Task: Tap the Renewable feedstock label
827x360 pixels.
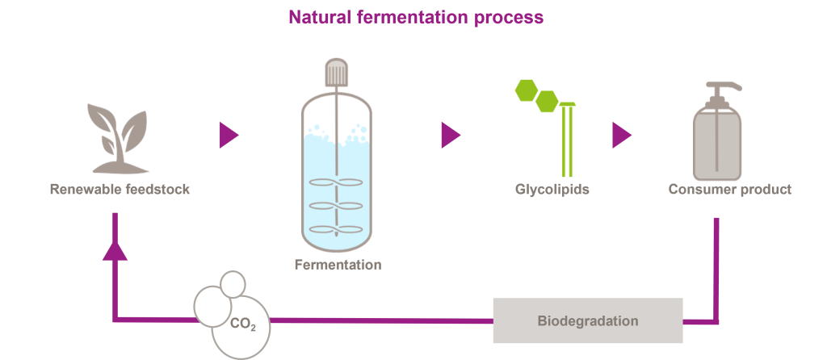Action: coord(120,190)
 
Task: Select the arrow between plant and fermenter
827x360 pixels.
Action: coord(228,135)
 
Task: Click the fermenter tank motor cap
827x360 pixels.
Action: coord(336,73)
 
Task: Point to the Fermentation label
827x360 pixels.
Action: coord(338,265)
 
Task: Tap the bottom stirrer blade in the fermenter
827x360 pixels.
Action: coord(337,228)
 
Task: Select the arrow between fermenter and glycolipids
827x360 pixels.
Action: coord(450,135)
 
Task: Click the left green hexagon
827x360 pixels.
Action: coord(527,89)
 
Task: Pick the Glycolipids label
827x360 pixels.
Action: coord(552,190)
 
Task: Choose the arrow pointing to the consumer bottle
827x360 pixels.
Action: coord(620,135)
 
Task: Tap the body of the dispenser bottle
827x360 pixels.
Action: coord(716,145)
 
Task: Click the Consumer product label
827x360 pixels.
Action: coord(730,190)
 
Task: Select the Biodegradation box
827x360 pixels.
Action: coord(588,320)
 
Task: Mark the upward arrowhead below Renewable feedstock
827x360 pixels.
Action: coord(115,251)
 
